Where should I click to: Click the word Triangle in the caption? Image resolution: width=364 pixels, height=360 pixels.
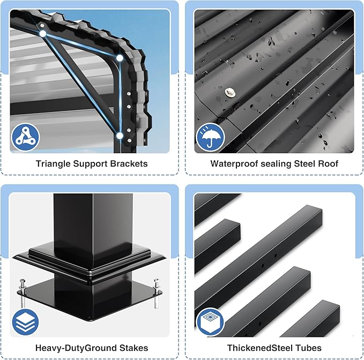coord(53,164)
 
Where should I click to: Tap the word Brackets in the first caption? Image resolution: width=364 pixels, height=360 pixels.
coord(129,164)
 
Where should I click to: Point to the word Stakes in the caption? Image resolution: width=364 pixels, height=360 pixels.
coord(133,348)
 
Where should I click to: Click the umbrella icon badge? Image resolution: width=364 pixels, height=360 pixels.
coord(210,137)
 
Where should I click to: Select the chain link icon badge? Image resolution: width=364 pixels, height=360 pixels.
coord(25,137)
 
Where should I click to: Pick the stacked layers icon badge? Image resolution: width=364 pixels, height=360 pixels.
coord(25,322)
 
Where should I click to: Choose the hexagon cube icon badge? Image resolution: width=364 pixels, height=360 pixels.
coord(210,322)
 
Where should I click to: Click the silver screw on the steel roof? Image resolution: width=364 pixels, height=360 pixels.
coord(230,92)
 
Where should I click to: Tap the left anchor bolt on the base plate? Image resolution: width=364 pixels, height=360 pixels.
coord(23,292)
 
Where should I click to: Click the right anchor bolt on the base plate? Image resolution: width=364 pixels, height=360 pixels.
coord(156,294)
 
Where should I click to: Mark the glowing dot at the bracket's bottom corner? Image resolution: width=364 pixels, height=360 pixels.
coord(120,136)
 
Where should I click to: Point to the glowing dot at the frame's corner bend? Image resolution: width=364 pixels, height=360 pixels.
coord(120,58)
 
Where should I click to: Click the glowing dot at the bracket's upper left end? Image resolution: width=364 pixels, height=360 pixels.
coord(43,34)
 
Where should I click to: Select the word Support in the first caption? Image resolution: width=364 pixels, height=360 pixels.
coord(90,164)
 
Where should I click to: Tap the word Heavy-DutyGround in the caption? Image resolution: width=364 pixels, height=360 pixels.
coord(76,348)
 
